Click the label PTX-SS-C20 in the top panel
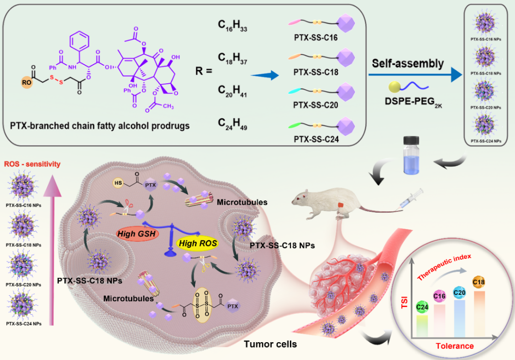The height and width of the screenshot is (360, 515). (x=316, y=104)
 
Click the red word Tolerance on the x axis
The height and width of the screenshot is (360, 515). (x=454, y=345)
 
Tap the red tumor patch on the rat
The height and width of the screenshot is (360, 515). (x=342, y=206)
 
